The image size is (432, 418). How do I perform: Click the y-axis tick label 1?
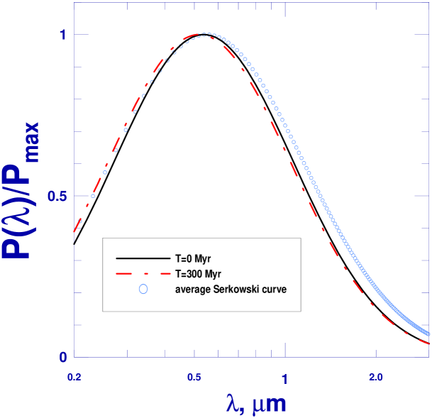[x=62, y=34]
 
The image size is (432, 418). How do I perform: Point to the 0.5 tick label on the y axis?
[x=57, y=196]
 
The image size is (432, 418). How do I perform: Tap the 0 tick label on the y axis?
[x=62, y=357]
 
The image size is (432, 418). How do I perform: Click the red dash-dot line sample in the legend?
[x=142, y=273]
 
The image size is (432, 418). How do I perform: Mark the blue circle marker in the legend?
[x=143, y=289]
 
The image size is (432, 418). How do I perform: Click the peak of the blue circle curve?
[x=205, y=34]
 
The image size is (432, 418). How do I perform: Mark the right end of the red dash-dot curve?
[x=429, y=343]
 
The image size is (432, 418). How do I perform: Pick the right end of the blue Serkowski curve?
[x=429, y=334]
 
